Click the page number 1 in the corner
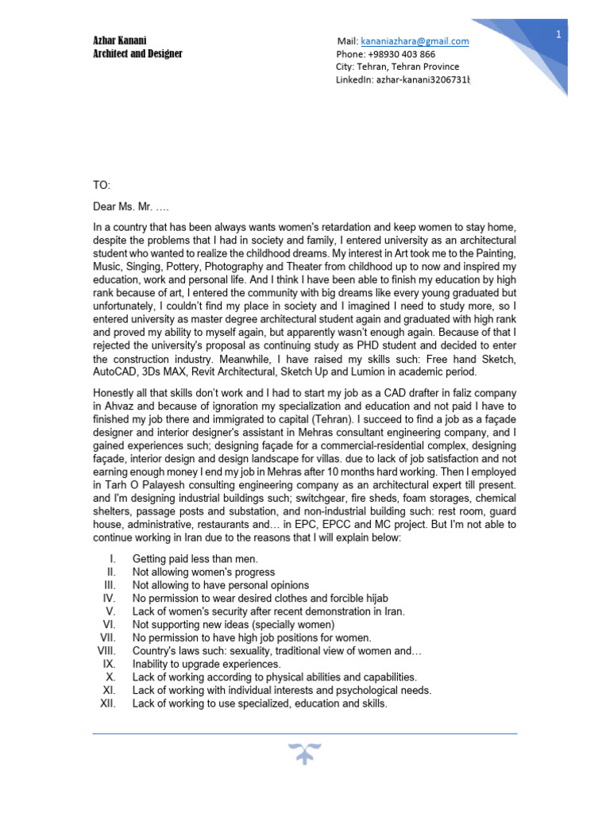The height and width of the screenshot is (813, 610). (558, 34)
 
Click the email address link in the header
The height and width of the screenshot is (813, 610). (414, 41)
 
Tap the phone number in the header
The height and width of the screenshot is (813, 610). (385, 55)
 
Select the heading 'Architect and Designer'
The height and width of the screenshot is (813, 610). (137, 54)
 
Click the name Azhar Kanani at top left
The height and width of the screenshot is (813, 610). (120, 40)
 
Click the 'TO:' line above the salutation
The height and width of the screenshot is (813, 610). (102, 185)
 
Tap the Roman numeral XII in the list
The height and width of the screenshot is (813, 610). (107, 703)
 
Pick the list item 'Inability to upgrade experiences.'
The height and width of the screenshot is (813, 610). (207, 664)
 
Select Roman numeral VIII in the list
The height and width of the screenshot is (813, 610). (106, 651)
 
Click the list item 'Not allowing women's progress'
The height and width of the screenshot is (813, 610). (203, 572)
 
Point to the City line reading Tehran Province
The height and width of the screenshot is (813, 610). (397, 67)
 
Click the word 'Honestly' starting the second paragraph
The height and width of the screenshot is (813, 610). (114, 393)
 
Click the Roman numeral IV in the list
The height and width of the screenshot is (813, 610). (110, 598)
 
